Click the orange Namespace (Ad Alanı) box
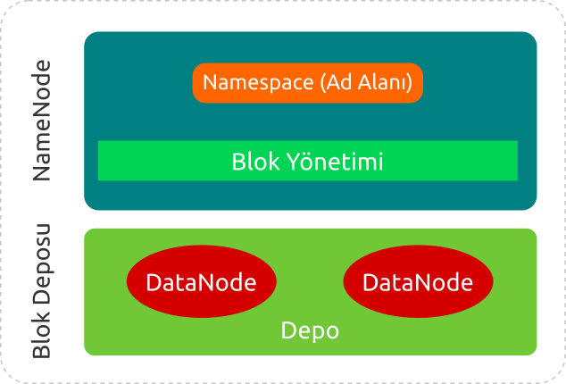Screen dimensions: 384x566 tap(307, 83)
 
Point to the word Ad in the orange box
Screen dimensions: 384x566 tap(335, 83)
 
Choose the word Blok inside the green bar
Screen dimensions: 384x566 tap(250, 162)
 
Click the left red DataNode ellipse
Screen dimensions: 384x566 tap(201, 282)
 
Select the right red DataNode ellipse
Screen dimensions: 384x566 tap(418, 282)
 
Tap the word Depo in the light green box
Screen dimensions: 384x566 tap(310, 330)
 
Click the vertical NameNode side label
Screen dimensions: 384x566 tap(42, 121)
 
